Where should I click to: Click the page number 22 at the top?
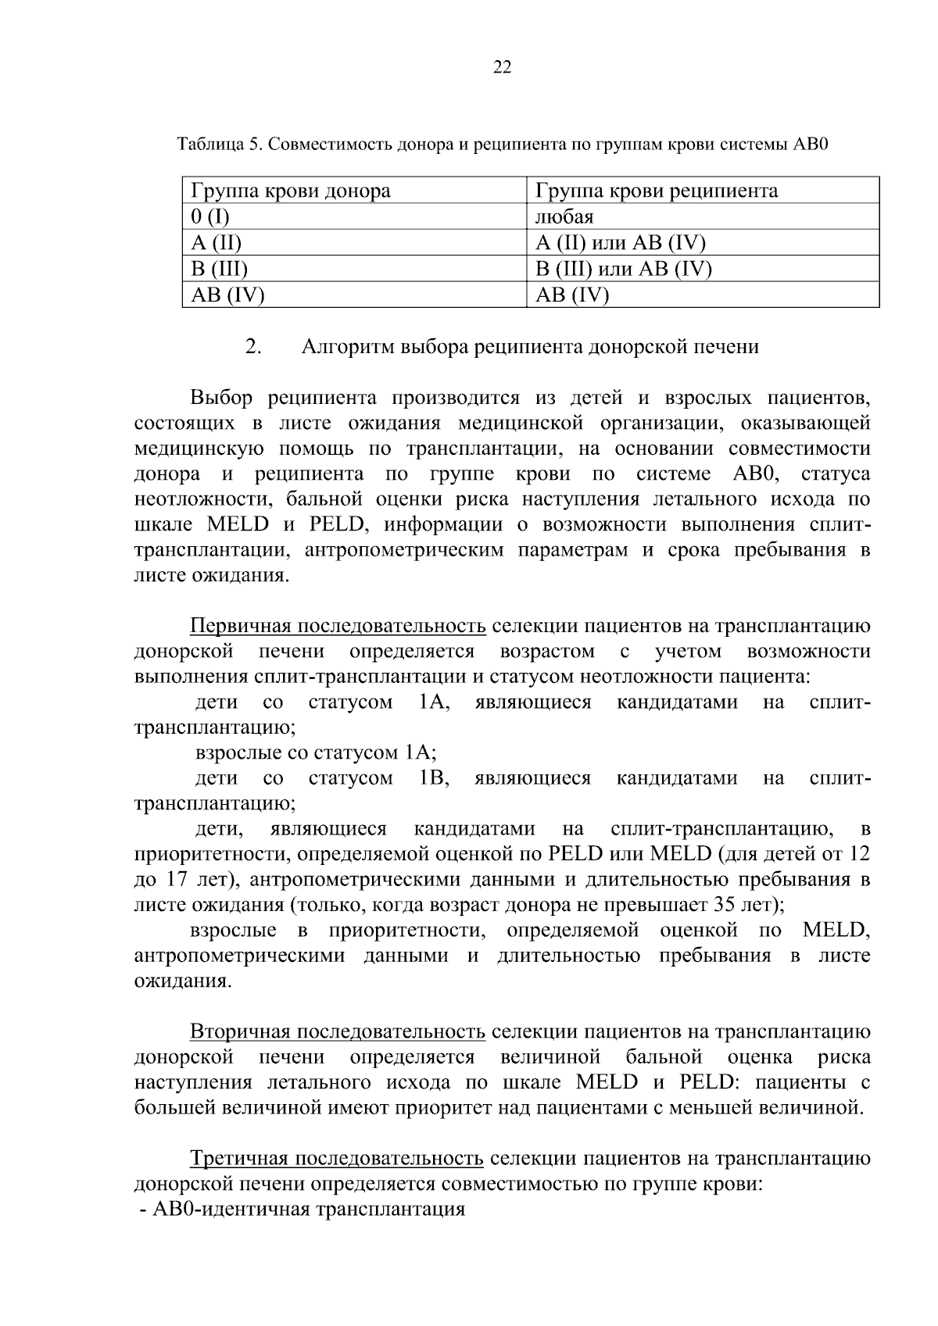click(502, 68)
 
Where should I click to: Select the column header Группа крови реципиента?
click(656, 191)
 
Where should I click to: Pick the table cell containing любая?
click(564, 216)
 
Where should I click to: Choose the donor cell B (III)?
click(219, 269)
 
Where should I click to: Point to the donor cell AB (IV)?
click(227, 295)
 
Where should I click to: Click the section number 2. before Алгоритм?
click(252, 346)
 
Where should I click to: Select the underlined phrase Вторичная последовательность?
click(338, 1032)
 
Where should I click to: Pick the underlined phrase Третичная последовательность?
click(338, 1159)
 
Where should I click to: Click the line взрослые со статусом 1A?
click(315, 753)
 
